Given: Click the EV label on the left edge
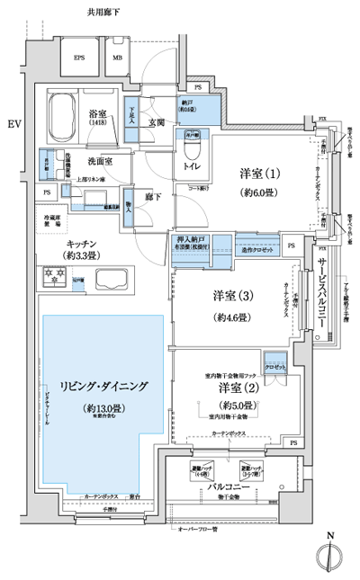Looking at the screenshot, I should coord(13,122).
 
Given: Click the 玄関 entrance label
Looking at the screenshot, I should coord(158,123).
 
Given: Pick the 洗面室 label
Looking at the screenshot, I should coord(100,161).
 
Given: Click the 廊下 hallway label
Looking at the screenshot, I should coord(153,195).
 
